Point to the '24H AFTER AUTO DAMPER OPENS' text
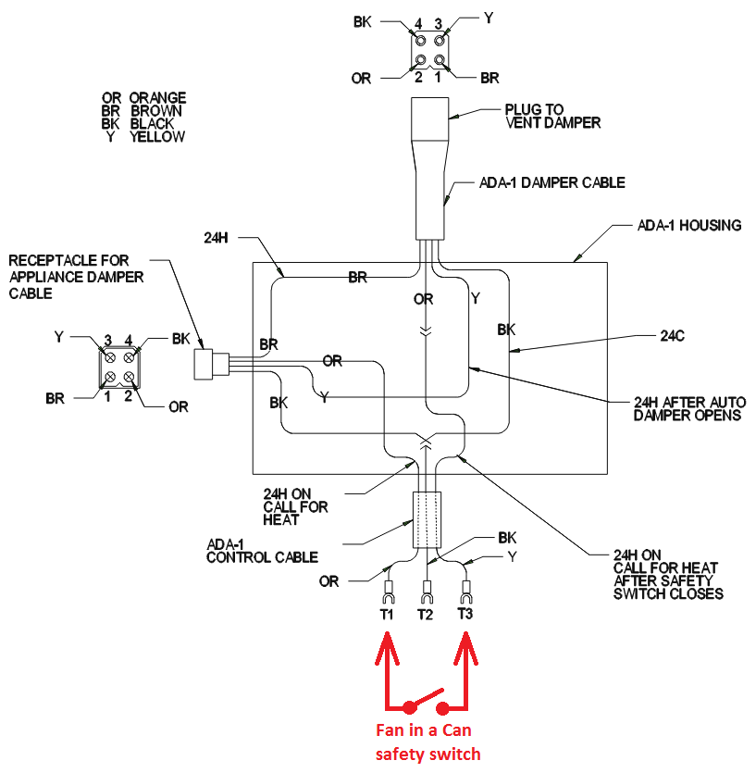point(689,409)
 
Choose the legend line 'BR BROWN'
point(143,110)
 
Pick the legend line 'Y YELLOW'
point(144,137)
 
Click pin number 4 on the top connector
point(417,22)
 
